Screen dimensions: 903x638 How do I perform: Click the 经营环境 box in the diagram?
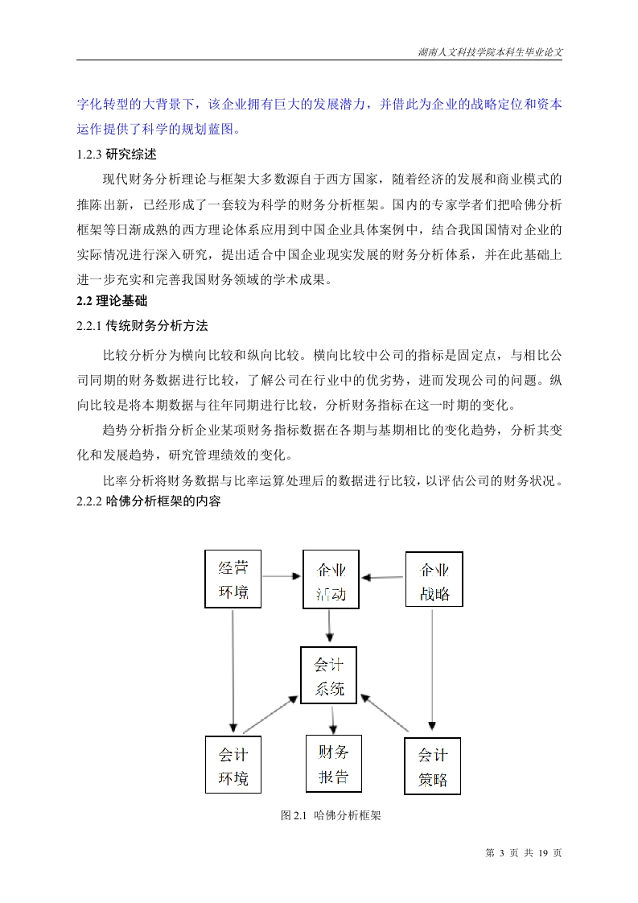233,580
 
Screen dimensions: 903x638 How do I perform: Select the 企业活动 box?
331,580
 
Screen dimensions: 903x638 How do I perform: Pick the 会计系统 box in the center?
328,675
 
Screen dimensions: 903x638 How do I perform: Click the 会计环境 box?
233,765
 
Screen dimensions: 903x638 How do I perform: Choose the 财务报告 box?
333,763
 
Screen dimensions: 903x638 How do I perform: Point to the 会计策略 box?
432,766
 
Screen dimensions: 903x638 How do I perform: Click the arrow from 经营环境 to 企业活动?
282,576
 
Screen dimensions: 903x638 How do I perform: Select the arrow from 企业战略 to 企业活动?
382,577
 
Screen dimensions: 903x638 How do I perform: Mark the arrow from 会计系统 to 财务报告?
332,719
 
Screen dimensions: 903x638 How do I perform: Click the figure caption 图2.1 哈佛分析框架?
331,815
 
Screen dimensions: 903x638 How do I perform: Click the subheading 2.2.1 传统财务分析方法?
142,326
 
